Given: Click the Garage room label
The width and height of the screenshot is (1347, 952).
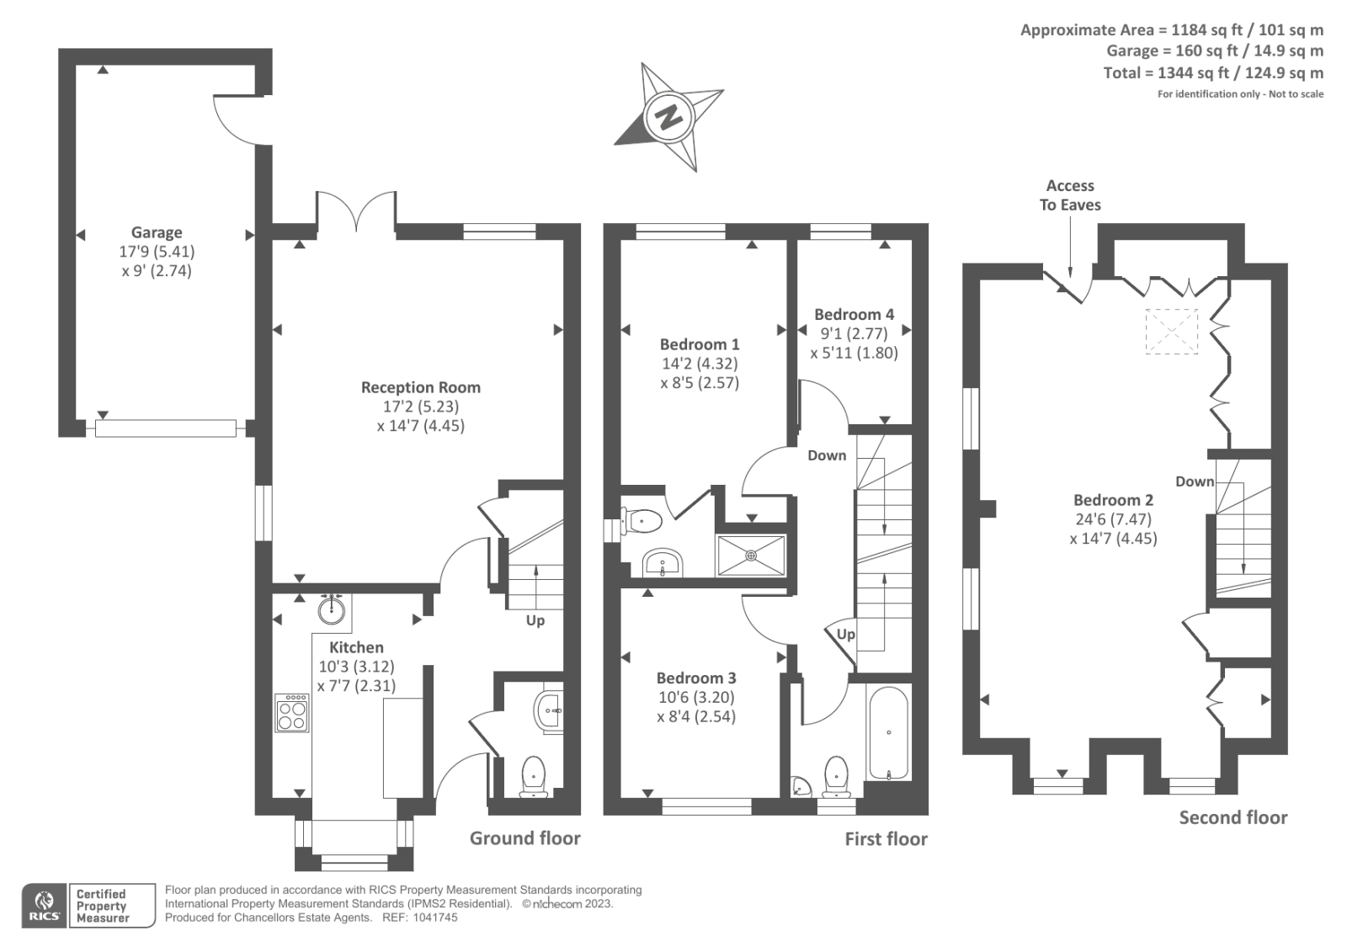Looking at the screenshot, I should tap(157, 232).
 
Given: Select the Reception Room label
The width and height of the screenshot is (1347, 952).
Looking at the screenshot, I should tap(420, 387).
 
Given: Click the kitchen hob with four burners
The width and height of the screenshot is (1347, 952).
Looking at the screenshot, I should tap(292, 712).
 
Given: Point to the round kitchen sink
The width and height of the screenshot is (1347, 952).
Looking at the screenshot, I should tap(333, 609).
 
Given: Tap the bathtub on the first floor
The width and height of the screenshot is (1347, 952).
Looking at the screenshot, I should tap(888, 732).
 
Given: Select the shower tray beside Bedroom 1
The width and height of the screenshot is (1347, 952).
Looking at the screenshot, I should tap(751, 556).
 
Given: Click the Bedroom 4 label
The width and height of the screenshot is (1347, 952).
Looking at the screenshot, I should tap(854, 314).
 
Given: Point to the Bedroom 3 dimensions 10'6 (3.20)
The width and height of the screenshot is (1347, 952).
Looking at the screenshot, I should tap(695, 697).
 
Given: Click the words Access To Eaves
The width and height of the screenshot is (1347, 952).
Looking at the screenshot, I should tap(1070, 194).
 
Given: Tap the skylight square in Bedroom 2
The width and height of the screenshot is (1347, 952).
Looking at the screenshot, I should tap(1171, 331).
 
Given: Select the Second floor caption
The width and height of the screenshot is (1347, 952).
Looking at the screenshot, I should tap(1233, 817).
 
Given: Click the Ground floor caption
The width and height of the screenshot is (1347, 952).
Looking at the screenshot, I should tap(524, 838).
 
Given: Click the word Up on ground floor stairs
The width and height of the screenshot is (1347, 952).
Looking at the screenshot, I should tap(535, 620).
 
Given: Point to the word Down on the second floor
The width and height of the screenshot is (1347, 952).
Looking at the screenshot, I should tap(1195, 481).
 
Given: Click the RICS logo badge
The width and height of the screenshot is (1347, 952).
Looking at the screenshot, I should tap(45, 905).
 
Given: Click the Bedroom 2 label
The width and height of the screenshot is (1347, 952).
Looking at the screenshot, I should tap(1113, 500).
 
